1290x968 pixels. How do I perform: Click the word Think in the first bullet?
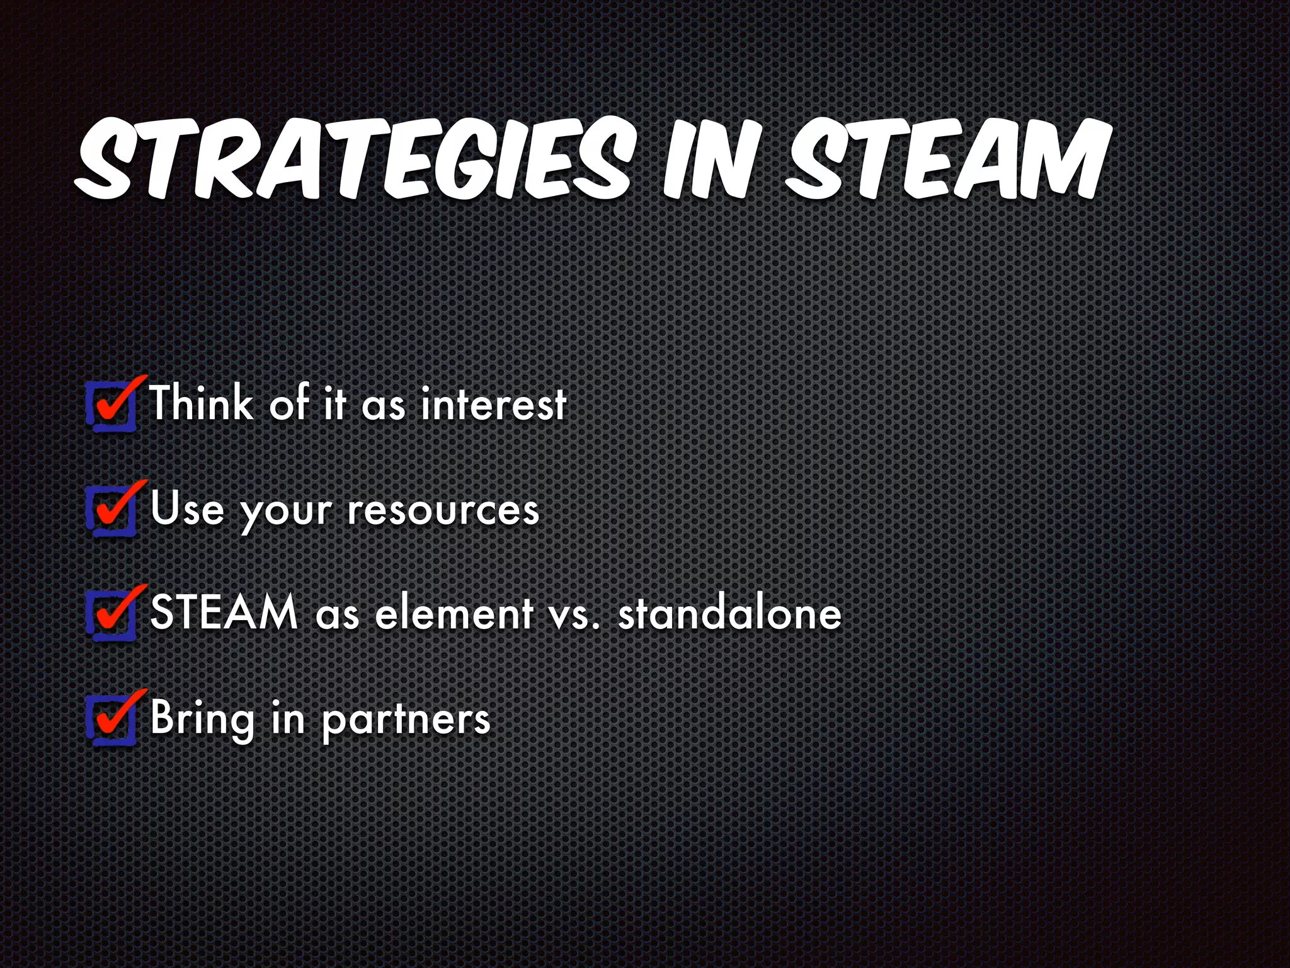(x=201, y=403)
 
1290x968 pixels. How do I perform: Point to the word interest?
(x=493, y=404)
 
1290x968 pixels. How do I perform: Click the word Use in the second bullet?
(x=187, y=509)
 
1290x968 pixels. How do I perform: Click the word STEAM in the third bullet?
(x=224, y=612)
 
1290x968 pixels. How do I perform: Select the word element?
(x=454, y=613)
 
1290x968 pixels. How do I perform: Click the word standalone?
(x=730, y=613)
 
